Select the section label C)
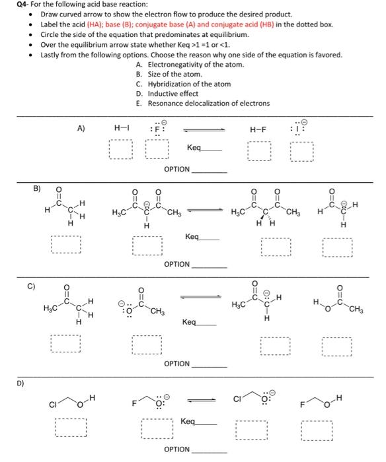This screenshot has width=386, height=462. [x=31, y=287]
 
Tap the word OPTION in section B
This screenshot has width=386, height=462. [x=176, y=264]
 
